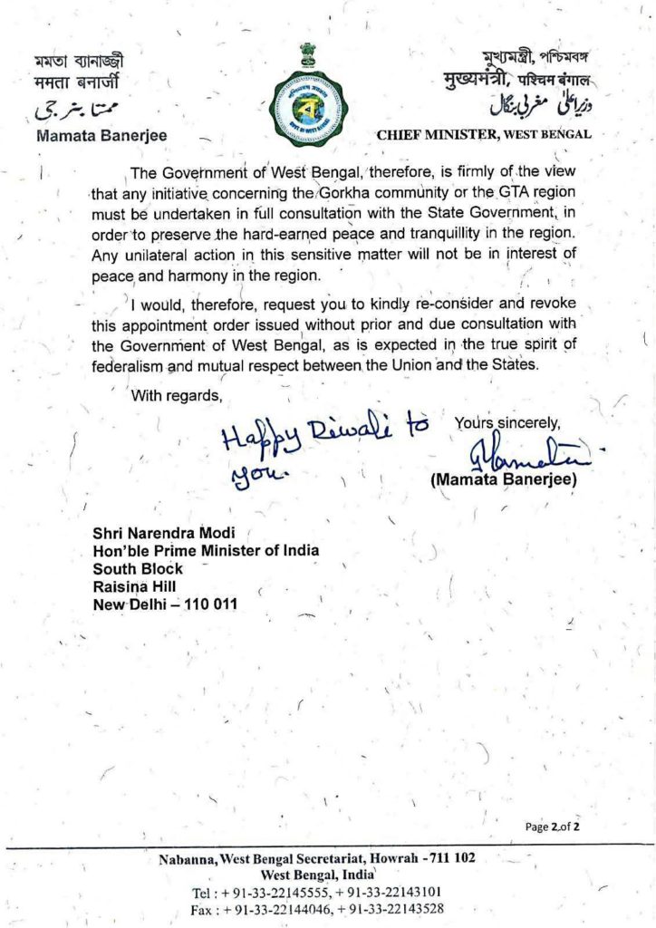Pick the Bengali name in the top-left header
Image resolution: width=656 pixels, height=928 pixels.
click(77, 62)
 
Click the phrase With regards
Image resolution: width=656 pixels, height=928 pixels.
click(177, 394)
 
